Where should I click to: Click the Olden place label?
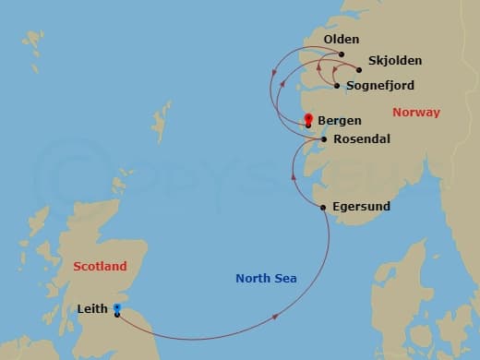pos(341,40)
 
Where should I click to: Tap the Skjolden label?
pos(394,61)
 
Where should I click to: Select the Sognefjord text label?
pos(380,85)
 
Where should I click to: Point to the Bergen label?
pos(339,120)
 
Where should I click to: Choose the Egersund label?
pos(361,206)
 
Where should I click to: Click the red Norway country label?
pos(416,113)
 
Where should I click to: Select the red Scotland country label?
pos(100,266)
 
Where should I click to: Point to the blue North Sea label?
pos(266,278)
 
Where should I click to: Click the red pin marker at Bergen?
pos(308,118)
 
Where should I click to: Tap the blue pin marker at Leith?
pos(116,308)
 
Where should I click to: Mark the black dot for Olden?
pos(341,54)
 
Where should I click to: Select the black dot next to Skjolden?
pos(359,68)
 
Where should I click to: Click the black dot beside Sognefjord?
pos(337,86)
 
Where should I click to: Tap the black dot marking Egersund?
pos(322,207)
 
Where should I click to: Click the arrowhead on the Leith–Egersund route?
pos(277,317)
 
